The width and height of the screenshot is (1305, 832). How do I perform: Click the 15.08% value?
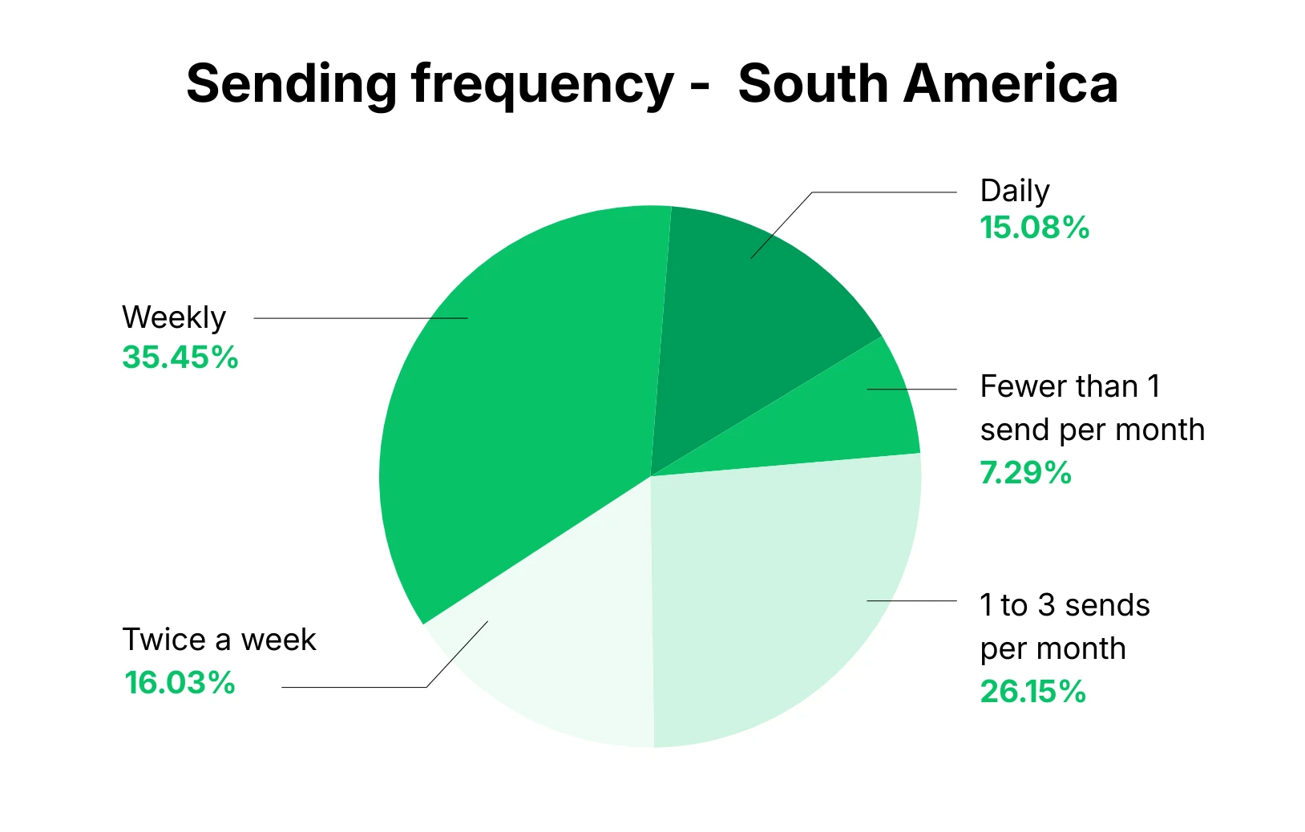pyautogui.click(x=1034, y=228)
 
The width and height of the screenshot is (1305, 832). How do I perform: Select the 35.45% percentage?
pyautogui.click(x=180, y=357)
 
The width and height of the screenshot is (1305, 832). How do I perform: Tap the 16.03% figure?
pyautogui.click(x=180, y=683)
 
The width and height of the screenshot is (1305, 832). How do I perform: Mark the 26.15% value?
pyautogui.click(x=1032, y=691)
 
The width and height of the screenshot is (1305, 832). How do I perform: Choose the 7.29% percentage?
pyautogui.click(x=1025, y=473)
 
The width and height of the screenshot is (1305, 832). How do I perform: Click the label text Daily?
pyautogui.click(x=1014, y=191)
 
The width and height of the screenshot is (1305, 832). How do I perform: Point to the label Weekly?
pyautogui.click(x=174, y=317)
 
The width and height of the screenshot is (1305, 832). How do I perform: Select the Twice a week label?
pyautogui.click(x=219, y=640)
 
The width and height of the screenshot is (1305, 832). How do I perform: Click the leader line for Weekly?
pyautogui.click(x=361, y=318)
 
